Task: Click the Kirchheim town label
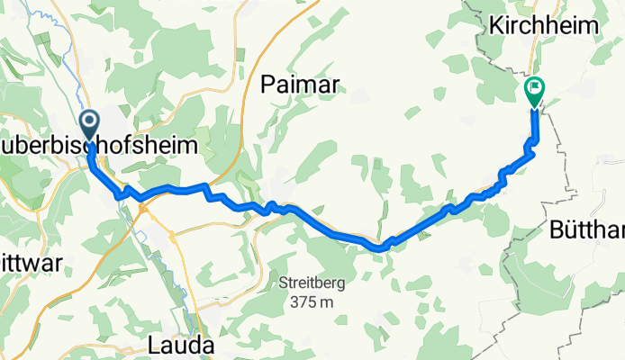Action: tap(544, 26)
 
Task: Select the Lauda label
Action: tap(183, 345)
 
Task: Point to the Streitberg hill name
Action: tap(312, 283)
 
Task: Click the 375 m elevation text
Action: tap(312, 302)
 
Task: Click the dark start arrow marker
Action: tap(90, 121)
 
